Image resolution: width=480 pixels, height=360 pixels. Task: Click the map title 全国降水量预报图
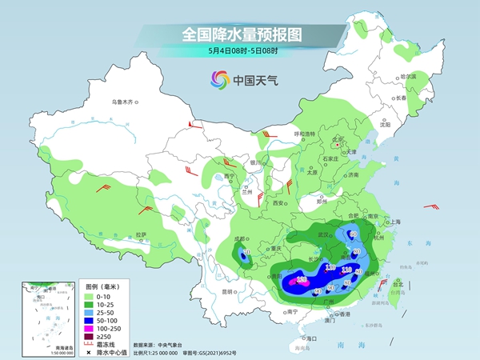tap(240, 34)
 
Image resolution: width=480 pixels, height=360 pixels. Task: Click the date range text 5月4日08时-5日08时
tap(240, 53)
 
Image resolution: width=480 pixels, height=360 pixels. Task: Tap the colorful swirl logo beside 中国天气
tap(219, 79)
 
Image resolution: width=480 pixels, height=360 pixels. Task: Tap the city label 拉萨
tap(142, 234)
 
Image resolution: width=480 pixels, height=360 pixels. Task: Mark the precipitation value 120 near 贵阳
tap(302, 279)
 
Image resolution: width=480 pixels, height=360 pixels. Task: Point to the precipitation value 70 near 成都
tap(246, 254)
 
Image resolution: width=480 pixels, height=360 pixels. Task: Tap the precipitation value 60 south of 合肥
tap(353, 234)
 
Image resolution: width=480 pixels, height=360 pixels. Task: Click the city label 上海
tap(394, 221)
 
